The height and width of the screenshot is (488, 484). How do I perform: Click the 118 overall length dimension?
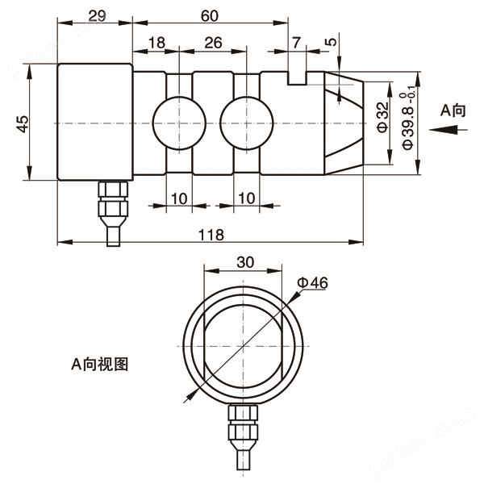coord(212,233)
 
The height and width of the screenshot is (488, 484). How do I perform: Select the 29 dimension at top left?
coord(94,16)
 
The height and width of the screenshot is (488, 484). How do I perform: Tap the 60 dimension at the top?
coord(210,16)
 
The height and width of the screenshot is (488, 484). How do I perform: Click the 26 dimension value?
coord(213,42)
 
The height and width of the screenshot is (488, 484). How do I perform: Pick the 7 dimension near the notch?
coord(296,42)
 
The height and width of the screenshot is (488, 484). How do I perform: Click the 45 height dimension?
coord(23,123)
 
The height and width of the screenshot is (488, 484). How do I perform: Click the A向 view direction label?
coord(453,111)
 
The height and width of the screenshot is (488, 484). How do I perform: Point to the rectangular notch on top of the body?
coord(296,76)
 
